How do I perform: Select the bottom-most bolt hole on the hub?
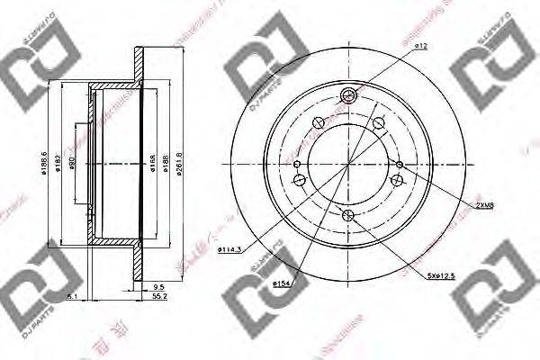point(349,213)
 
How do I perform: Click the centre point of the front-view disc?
point(349,164)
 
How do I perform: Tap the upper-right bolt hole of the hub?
point(377,124)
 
